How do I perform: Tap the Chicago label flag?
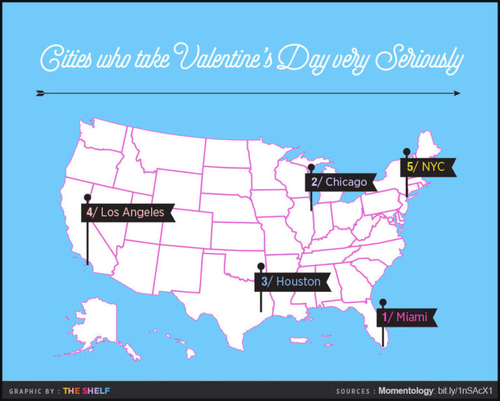coord(342,182)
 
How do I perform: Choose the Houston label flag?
coord(292,281)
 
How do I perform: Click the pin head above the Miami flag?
coord(383,302)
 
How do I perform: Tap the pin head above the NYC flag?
coord(406,152)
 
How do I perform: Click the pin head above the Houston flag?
coord(260,266)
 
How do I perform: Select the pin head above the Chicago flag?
coord(311,167)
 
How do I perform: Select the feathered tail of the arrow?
coord(40,93)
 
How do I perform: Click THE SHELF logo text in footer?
coord(86,391)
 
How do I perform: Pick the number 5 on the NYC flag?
coord(410,167)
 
